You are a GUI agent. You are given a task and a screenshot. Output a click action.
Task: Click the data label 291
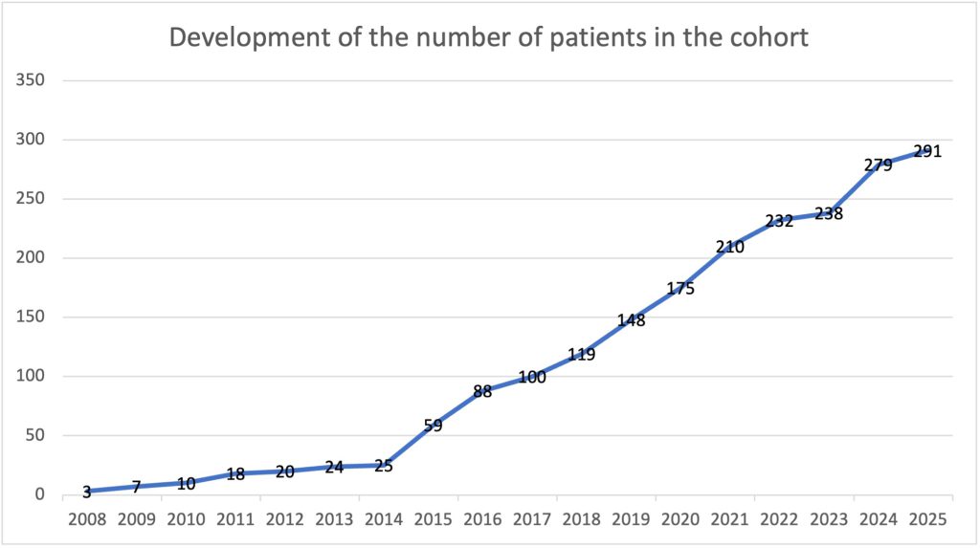pos(927,151)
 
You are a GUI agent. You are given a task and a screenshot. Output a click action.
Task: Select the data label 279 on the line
pos(878,164)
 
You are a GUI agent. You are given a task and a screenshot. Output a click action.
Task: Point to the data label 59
pos(433,426)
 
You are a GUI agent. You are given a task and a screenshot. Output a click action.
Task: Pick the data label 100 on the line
pos(531,377)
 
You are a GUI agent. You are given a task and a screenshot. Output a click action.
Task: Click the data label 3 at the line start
pos(87,492)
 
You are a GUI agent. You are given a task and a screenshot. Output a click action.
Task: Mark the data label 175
pos(679,288)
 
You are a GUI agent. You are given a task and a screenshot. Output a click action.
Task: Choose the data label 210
pos(729,247)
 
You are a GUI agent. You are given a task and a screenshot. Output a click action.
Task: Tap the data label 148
pos(631,320)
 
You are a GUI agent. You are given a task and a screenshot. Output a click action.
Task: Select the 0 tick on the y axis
pos(39,494)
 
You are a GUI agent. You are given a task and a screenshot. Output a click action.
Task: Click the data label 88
pos(482,391)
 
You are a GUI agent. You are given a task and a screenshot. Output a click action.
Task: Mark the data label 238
pos(828,213)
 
